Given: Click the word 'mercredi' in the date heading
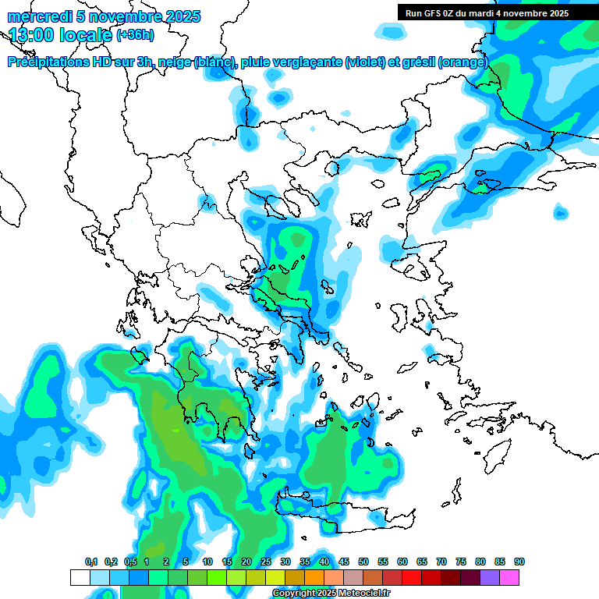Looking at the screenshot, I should point(36,16).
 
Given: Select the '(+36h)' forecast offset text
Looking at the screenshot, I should point(135,35).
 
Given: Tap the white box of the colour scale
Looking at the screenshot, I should point(80,577).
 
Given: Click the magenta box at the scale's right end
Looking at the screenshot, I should point(509,577).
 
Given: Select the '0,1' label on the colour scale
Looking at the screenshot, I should point(90,562).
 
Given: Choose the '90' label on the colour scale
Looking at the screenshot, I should point(519,562).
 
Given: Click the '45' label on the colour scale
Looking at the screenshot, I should point(344,562).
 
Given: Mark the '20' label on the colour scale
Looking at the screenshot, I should point(246,562).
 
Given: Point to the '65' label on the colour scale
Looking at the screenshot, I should point(422,562).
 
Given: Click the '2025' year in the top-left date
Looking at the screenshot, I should point(183,16).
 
